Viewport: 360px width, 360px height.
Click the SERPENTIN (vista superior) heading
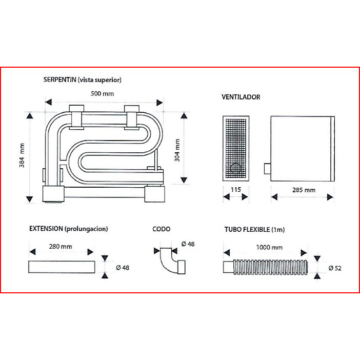(83, 79)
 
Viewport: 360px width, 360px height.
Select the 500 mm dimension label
(102, 94)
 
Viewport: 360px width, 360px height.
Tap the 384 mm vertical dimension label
(22, 155)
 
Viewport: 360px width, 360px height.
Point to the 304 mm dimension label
(177, 150)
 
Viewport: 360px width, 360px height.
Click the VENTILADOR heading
(241, 97)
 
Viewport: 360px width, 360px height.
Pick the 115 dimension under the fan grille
(236, 190)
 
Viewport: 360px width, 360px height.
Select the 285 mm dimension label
(304, 190)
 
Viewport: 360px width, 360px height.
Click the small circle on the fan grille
(235, 168)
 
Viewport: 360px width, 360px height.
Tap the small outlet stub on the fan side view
(268, 169)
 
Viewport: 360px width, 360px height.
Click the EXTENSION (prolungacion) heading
(69, 229)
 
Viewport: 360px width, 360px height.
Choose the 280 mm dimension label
(61, 247)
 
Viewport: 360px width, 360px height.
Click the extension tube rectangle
(62, 267)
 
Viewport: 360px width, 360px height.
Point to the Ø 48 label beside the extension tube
(123, 268)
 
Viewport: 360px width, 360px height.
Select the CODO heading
(162, 229)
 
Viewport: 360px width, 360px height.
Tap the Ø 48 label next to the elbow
(188, 244)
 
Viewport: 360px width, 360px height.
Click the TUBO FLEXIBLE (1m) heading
(255, 230)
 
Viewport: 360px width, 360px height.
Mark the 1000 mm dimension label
(269, 248)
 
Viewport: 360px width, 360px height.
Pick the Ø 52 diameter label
(335, 268)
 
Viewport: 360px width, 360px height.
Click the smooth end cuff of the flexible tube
(228, 267)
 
